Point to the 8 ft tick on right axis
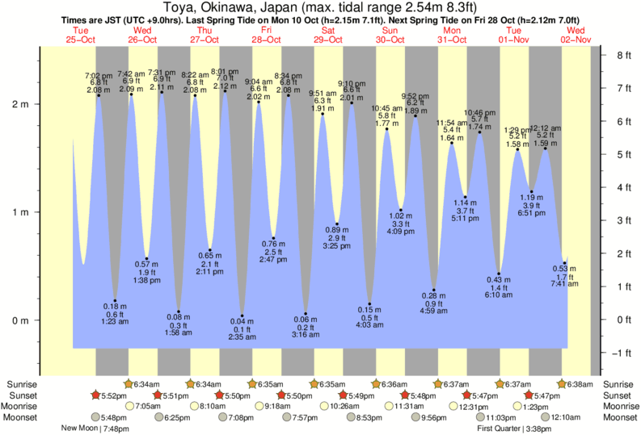click(x=623, y=56)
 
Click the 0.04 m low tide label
click(x=242, y=323)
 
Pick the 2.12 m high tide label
click(x=224, y=86)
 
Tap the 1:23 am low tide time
click(x=116, y=323)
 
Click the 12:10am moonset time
click(x=567, y=417)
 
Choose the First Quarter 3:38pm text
click(x=513, y=429)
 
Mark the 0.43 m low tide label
click(x=499, y=279)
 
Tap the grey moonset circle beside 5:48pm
click(x=95, y=417)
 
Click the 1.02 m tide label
click(x=401, y=215)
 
